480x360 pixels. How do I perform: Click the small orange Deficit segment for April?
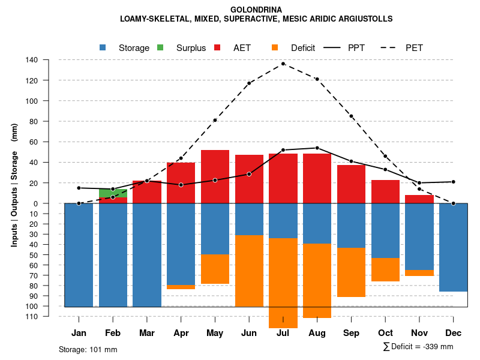pyautogui.click(x=181, y=287)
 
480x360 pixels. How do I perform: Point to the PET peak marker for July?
pyautogui.click(x=283, y=64)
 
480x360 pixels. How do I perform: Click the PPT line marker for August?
pyautogui.click(x=317, y=148)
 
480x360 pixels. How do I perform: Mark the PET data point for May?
pyautogui.click(x=215, y=120)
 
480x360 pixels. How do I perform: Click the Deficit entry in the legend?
pyautogui.click(x=302, y=47)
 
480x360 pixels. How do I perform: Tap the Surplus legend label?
pyautogui.click(x=191, y=47)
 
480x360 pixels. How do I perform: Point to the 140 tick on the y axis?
pyautogui.click(x=32, y=60)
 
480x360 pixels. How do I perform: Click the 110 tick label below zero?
pyautogui.click(x=32, y=316)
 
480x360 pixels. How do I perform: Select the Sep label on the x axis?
pyautogui.click(x=351, y=333)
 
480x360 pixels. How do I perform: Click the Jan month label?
pyautogui.click(x=79, y=333)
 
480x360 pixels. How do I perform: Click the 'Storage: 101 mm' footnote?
pyautogui.click(x=88, y=349)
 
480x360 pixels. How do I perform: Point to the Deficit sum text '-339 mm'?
pyautogui.click(x=437, y=347)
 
